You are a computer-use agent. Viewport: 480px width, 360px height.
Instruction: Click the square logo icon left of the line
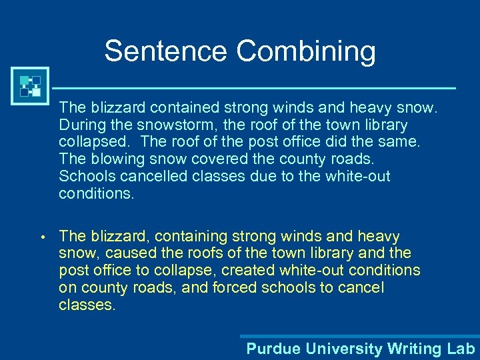[x=30, y=86]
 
